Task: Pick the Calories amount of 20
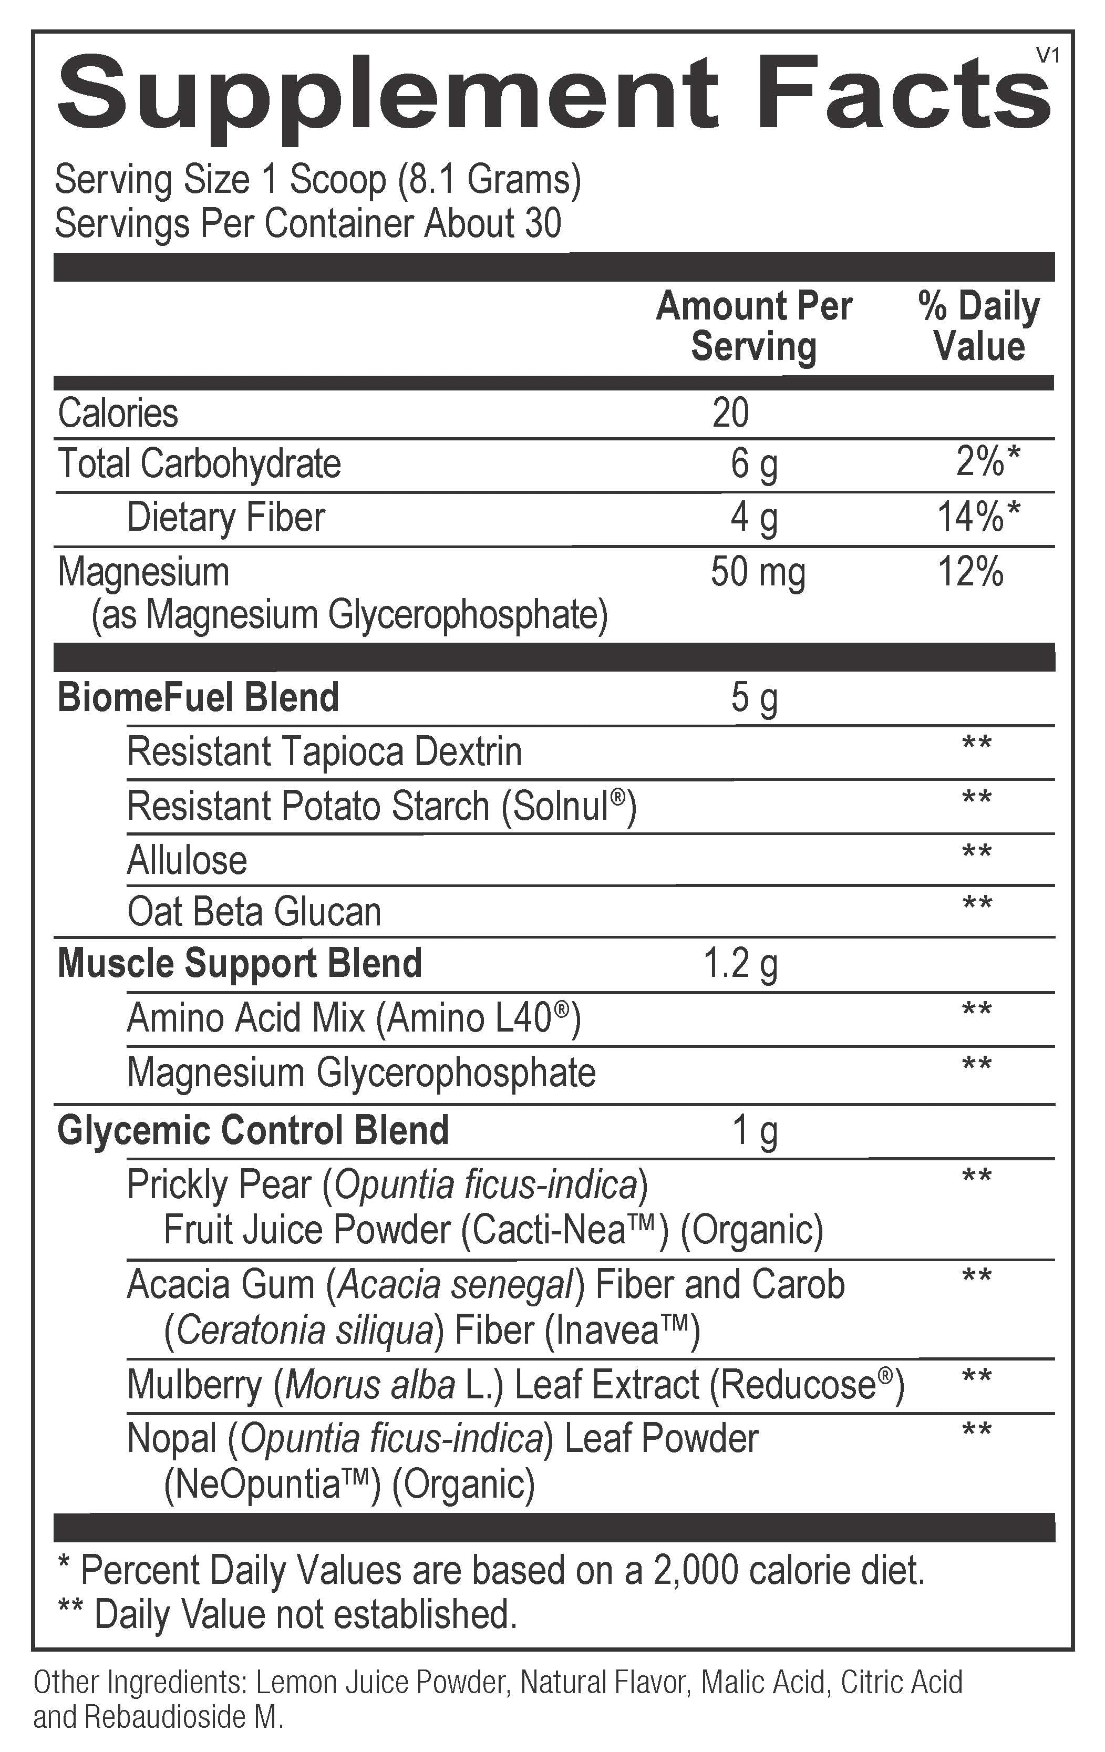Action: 730,413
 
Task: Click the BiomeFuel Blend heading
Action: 198,697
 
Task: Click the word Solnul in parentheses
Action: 560,806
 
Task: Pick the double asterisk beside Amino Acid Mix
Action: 976,1011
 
